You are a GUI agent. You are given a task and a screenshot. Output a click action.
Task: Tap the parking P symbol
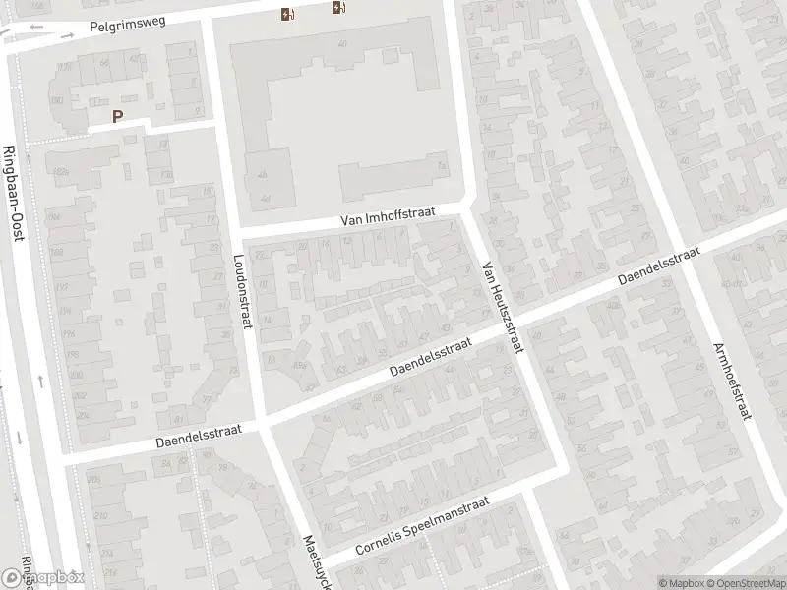(x=118, y=116)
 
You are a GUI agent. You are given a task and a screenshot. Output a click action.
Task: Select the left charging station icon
(x=286, y=14)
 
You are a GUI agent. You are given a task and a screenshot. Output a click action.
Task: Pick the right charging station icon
(x=339, y=9)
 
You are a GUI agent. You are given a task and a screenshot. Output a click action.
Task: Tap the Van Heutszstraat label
(x=503, y=309)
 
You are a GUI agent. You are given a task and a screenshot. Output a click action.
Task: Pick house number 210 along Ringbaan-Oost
(x=99, y=515)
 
